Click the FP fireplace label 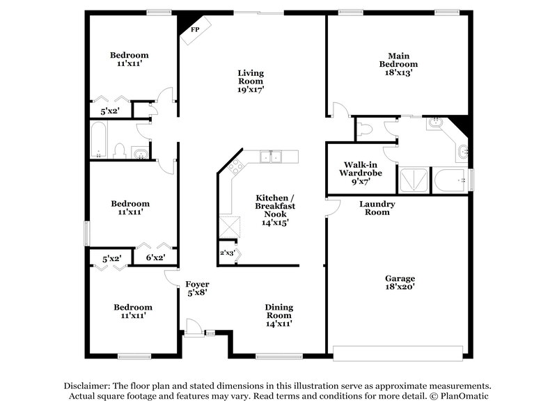[195, 30]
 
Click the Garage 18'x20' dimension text [400, 286]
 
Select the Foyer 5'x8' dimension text [197, 294]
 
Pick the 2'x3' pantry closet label [227, 253]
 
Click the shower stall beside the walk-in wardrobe [412, 180]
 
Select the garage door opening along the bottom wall [400, 351]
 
